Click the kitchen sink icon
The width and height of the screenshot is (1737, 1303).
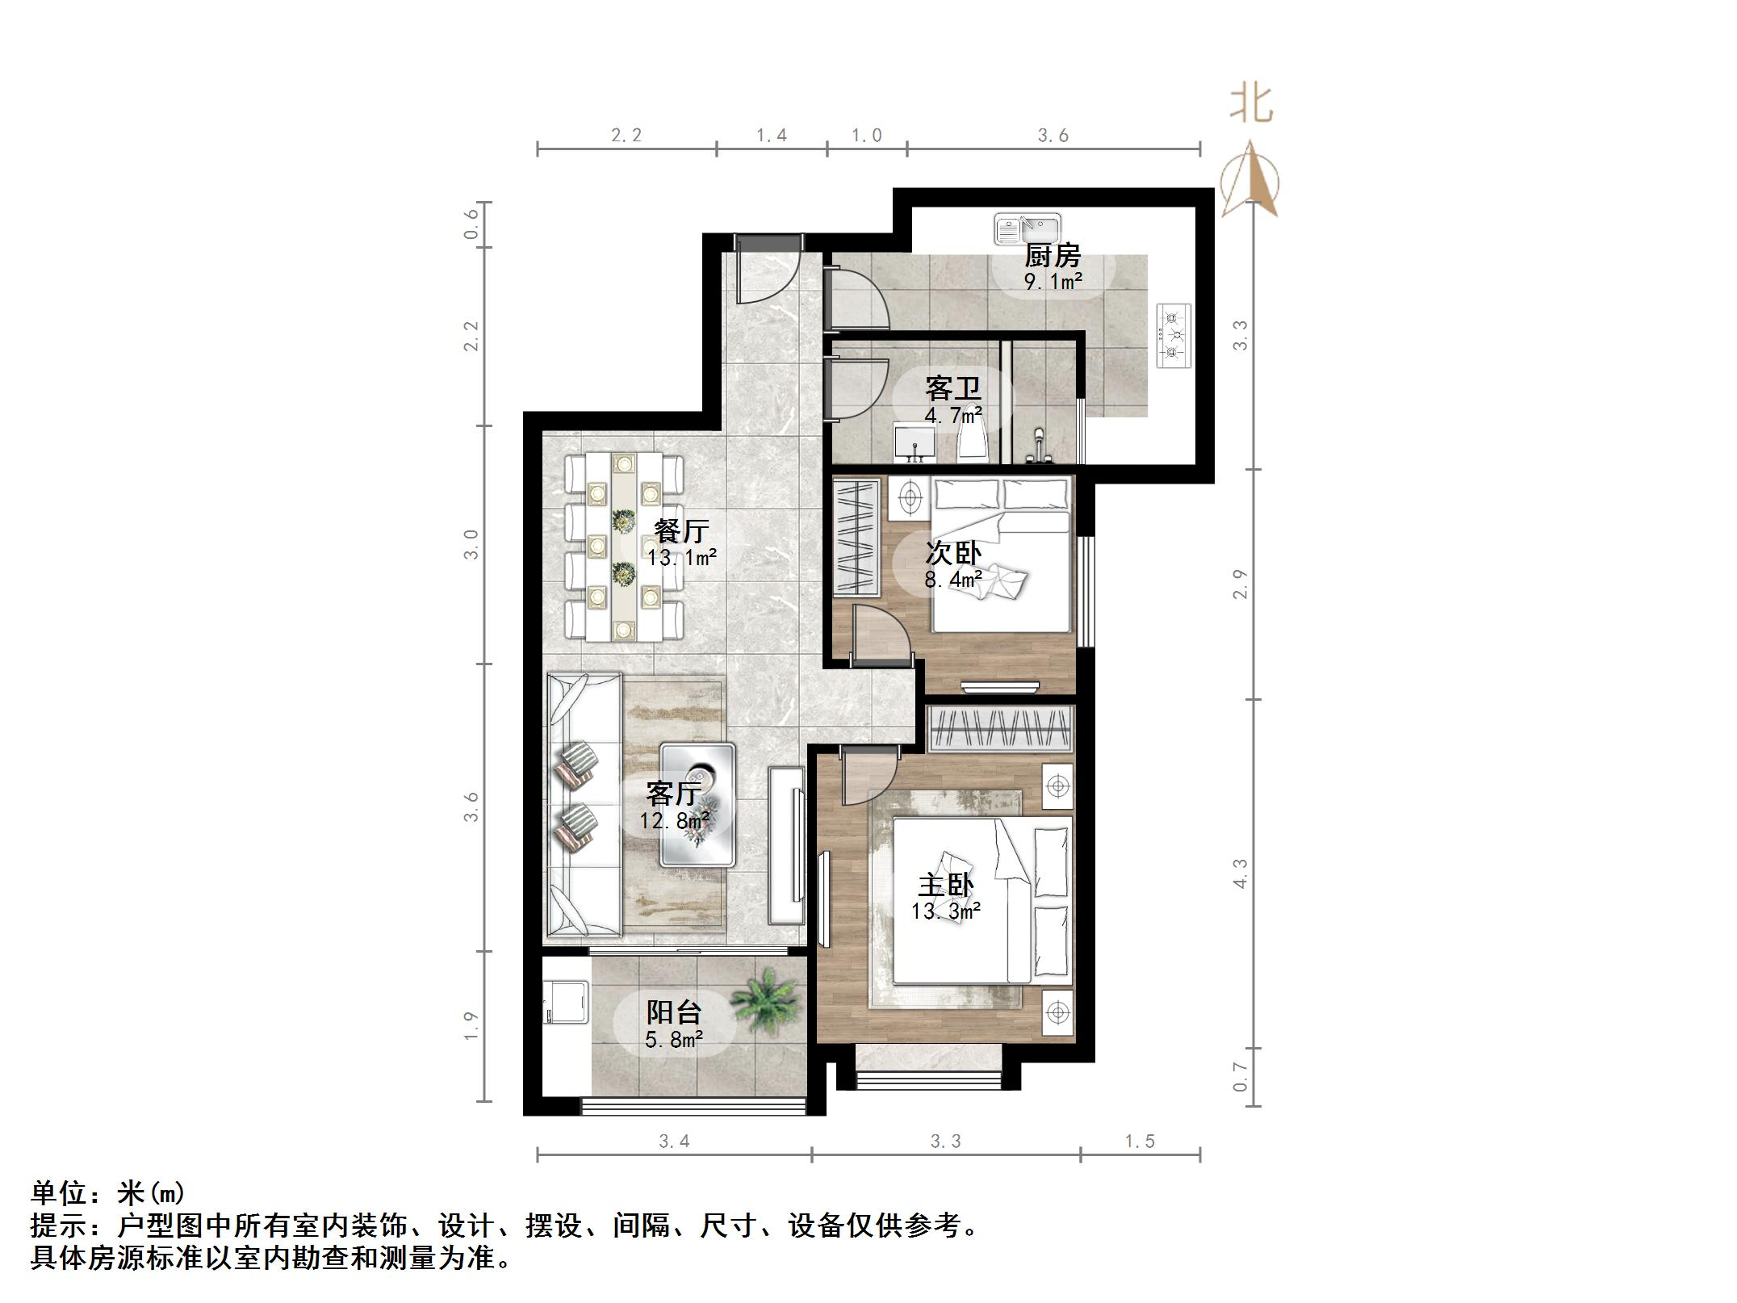[1027, 228]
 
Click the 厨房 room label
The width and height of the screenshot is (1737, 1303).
[1053, 256]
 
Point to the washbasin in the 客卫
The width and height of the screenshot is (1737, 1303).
[915, 445]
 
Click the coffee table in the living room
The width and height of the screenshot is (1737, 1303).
[697, 805]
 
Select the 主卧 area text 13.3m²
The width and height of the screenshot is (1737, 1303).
[946, 912]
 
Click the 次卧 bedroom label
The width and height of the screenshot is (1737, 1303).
[953, 553]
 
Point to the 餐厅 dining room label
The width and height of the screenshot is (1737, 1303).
[682, 530]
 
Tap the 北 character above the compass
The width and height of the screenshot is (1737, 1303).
[1251, 104]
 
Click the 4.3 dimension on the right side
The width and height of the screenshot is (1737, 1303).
[1241, 874]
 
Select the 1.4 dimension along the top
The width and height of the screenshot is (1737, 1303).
[772, 136]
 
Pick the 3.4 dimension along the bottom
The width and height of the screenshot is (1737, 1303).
[675, 1142]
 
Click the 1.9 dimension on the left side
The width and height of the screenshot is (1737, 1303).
[472, 1026]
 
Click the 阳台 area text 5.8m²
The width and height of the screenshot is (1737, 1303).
[674, 1041]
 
